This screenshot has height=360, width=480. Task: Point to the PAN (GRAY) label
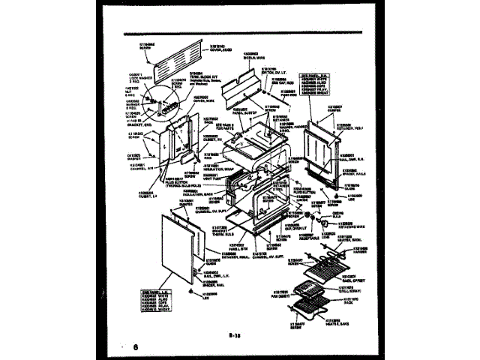[x=281, y=294]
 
